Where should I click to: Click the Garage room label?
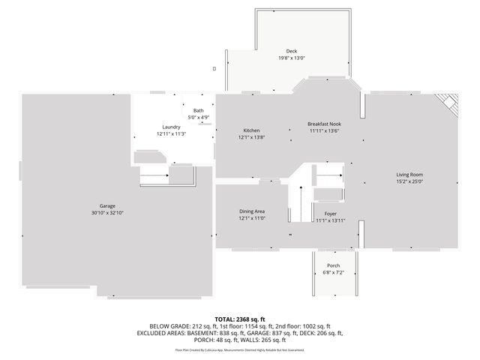pos(107,205)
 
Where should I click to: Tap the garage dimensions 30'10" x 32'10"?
pos(107,213)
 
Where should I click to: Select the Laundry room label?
pos(171,127)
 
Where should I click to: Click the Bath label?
pos(198,110)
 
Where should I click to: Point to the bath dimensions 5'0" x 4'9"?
pos(198,117)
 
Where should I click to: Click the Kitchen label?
pos(251,130)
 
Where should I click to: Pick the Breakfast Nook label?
pos(325,123)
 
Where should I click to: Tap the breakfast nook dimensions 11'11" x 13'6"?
pos(325,130)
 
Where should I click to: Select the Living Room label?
pos(410,174)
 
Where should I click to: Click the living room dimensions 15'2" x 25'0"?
pos(410,181)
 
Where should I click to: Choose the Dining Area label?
pos(252,212)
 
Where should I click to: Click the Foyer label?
pos(330,213)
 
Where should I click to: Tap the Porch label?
pos(333,266)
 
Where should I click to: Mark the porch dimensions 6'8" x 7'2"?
pos(333,273)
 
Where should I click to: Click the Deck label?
pos(292,51)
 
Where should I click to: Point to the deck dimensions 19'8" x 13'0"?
pos(292,58)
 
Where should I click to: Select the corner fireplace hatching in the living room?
pos(448,103)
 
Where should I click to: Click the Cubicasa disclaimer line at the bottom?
pos(240,349)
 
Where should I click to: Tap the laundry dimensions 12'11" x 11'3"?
pos(171,134)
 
